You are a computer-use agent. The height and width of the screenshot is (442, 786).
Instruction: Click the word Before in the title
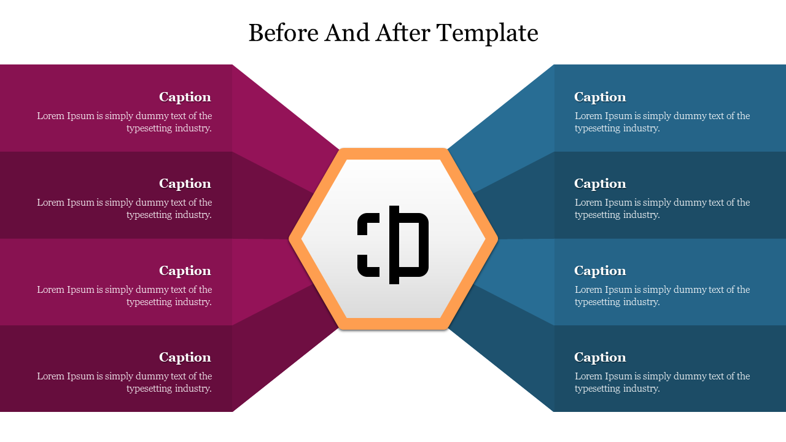tap(283, 33)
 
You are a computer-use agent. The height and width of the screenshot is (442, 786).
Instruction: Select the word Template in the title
tap(488, 33)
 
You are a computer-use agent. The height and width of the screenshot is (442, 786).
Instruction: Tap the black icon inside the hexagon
tap(393, 244)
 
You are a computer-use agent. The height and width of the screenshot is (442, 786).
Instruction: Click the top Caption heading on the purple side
tap(185, 97)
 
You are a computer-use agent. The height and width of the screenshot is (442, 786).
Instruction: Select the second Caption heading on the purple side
tap(185, 184)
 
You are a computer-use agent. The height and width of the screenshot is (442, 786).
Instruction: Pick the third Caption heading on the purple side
tap(185, 271)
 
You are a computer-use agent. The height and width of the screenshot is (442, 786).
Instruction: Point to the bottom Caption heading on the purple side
tap(185, 357)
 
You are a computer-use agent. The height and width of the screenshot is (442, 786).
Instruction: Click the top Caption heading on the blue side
tap(600, 97)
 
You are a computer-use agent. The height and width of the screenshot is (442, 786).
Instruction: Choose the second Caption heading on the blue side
tap(600, 184)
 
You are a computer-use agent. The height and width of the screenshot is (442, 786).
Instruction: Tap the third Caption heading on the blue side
tap(600, 271)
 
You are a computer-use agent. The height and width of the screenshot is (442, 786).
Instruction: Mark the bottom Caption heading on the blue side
tap(600, 357)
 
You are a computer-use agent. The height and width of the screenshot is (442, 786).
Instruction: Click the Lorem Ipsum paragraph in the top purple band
tap(125, 122)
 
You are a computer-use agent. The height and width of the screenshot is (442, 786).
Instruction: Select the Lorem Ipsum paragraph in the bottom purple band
tap(125, 382)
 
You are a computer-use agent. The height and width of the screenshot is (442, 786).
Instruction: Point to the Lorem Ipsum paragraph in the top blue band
tap(662, 122)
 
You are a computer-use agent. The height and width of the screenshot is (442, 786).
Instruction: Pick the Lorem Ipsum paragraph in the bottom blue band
tap(662, 382)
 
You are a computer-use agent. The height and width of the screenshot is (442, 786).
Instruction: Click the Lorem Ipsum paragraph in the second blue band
tap(662, 209)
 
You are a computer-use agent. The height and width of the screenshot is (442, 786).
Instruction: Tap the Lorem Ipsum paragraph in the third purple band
tap(125, 296)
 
